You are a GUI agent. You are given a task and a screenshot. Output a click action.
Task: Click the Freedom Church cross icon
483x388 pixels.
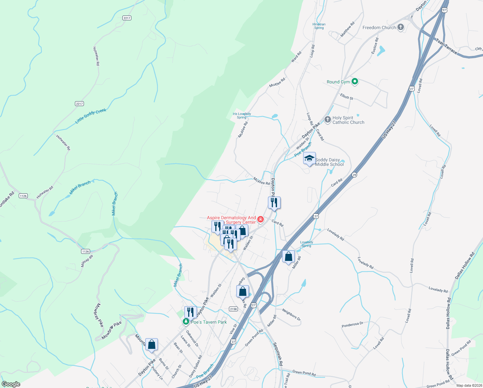(x=401, y=27)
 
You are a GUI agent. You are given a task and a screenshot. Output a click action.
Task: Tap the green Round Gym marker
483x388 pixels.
(x=355, y=81)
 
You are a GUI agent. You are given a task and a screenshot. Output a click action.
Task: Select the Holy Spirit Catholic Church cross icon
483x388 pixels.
(x=328, y=120)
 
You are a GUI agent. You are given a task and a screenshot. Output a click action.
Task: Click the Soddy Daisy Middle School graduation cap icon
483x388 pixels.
(x=309, y=158)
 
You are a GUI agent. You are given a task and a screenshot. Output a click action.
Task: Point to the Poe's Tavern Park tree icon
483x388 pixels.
(x=186, y=322)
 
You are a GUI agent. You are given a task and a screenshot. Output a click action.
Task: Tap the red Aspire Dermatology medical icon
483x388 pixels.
(x=261, y=220)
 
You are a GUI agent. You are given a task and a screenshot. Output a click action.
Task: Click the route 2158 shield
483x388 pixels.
(x=233, y=309)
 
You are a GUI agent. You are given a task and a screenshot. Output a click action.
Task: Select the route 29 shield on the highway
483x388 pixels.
(x=355, y=175)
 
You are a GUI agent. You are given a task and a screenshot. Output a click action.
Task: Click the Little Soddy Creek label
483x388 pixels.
(x=90, y=116)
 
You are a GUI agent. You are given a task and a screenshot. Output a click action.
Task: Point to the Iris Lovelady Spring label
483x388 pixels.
(x=241, y=115)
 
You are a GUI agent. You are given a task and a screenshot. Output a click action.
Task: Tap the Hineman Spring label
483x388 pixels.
(x=319, y=26)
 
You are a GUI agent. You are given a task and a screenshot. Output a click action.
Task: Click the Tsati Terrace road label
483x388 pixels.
(x=446, y=46)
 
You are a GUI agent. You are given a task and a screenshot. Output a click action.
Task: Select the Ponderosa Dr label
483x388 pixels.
(x=352, y=324)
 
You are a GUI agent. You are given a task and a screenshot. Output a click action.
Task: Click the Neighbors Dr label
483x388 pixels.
(x=291, y=315)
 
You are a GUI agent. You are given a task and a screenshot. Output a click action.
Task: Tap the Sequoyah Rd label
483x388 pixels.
(x=278, y=354)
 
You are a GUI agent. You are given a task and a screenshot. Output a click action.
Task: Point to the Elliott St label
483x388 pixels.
(x=347, y=96)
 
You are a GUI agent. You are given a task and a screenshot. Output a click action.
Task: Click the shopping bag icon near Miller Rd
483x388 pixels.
(x=289, y=257)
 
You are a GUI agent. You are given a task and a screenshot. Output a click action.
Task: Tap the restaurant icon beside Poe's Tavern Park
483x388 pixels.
(x=190, y=312)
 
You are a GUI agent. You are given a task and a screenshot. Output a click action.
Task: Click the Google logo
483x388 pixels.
(x=11, y=384)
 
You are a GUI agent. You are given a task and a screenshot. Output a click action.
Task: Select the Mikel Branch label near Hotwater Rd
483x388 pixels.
(x=80, y=187)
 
